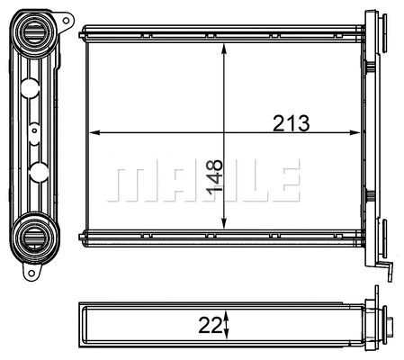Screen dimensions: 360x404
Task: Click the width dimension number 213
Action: point(291,124)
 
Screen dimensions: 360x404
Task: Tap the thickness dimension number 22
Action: point(211,322)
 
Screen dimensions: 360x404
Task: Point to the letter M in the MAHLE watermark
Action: point(127,181)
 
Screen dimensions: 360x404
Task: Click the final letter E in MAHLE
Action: point(284,181)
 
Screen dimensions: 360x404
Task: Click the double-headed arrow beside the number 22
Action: point(228,322)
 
